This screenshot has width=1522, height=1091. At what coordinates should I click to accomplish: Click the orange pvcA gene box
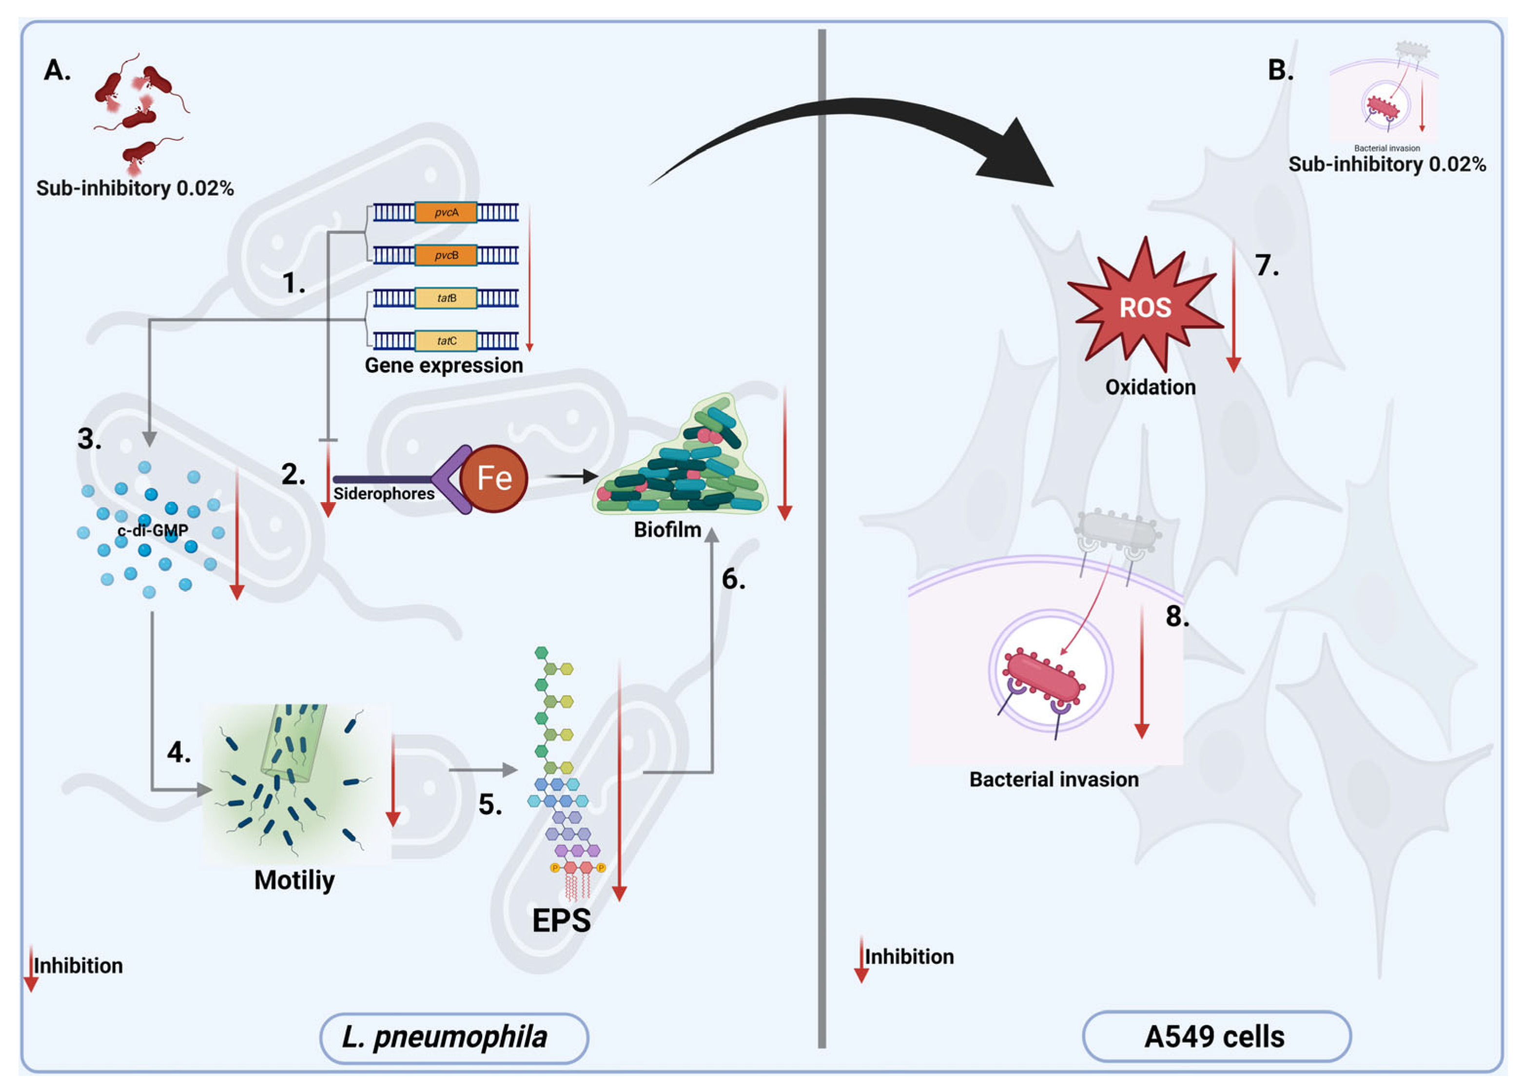click(446, 213)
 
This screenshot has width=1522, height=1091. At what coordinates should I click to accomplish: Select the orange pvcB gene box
click(446, 255)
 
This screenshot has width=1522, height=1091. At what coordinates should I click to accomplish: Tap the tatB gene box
click(446, 298)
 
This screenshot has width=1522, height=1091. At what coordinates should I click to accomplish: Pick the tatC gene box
click(446, 341)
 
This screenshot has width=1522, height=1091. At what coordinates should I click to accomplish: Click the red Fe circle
click(494, 478)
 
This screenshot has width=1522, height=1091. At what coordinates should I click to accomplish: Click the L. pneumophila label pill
click(454, 1038)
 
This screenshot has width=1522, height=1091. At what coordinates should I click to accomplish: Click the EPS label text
click(561, 920)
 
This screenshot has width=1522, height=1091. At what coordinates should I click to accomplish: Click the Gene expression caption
click(444, 366)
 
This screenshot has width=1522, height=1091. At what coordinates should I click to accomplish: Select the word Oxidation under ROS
click(1150, 387)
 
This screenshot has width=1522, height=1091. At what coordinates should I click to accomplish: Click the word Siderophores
click(384, 494)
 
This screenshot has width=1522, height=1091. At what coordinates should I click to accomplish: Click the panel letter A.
click(57, 70)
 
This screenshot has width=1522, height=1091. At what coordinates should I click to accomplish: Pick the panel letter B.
click(1280, 70)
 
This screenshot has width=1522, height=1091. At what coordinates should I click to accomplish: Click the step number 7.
click(1267, 266)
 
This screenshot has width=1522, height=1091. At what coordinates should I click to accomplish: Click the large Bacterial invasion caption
click(1054, 779)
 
